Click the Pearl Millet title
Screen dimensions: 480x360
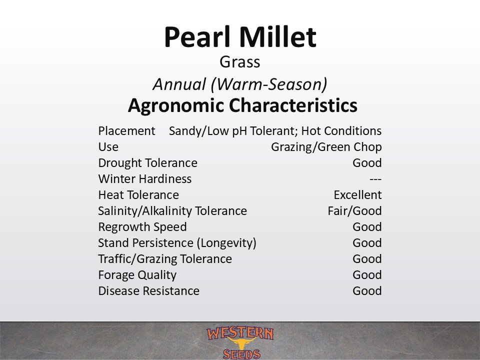pyautogui.click(x=240, y=37)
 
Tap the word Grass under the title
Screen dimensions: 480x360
pyautogui.click(x=239, y=62)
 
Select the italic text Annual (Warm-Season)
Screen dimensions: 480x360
pyautogui.click(x=240, y=84)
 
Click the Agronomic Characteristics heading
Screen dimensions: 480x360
pyautogui.click(x=242, y=105)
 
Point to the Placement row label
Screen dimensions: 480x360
pyautogui.click(x=126, y=131)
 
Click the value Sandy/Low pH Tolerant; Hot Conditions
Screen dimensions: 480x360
pyautogui.click(x=275, y=131)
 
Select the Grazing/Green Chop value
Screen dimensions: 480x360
pyautogui.click(x=326, y=147)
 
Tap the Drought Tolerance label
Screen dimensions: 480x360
pyautogui.click(x=148, y=163)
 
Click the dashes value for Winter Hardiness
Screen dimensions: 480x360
pyautogui.click(x=375, y=179)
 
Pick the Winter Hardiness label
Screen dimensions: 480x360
pyautogui.click(x=145, y=179)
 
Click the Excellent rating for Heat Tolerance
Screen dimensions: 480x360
pyautogui.click(x=357, y=194)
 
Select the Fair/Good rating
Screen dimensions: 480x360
pyautogui.click(x=354, y=211)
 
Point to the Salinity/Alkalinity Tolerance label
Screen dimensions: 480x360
pyautogui.click(x=172, y=211)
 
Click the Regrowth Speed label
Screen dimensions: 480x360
pyautogui.click(x=142, y=227)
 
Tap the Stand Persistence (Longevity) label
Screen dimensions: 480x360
pyautogui.click(x=177, y=243)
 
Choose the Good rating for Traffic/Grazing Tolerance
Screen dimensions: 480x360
pyautogui.click(x=367, y=259)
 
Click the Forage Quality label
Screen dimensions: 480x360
pyautogui.click(x=137, y=275)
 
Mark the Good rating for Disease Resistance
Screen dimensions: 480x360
pyautogui.click(x=367, y=291)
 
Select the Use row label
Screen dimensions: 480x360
pyautogui.click(x=108, y=147)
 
